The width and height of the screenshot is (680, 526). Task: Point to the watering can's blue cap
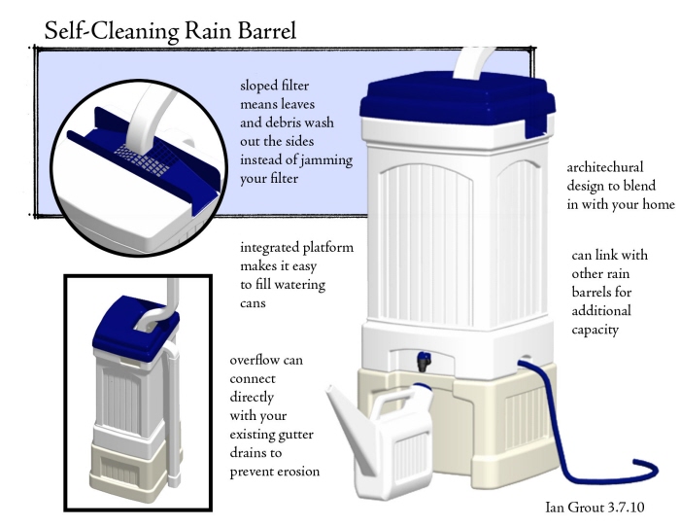click(x=422, y=387)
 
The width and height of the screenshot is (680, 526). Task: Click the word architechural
click(x=605, y=167)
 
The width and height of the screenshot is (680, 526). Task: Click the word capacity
click(x=595, y=331)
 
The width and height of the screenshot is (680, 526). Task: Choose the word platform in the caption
click(x=328, y=248)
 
